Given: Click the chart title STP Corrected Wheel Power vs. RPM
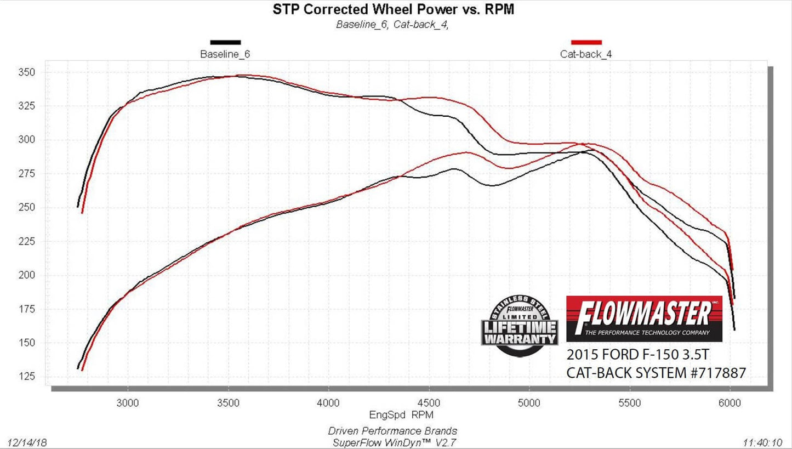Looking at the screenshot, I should (393, 9).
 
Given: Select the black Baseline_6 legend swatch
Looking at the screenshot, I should (225, 42).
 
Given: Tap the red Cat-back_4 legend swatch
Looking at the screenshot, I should (586, 42).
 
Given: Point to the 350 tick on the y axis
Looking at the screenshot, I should (28, 72).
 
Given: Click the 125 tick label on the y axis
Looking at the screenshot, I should (28, 377).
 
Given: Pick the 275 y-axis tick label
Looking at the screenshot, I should (28, 174).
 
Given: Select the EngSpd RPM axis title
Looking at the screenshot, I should (393, 414).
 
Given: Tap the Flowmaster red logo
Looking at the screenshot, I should (644, 319).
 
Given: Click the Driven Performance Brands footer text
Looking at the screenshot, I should (392, 431).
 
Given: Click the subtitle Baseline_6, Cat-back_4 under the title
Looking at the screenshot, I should (392, 24).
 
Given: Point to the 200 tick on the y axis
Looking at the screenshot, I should (28, 275).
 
